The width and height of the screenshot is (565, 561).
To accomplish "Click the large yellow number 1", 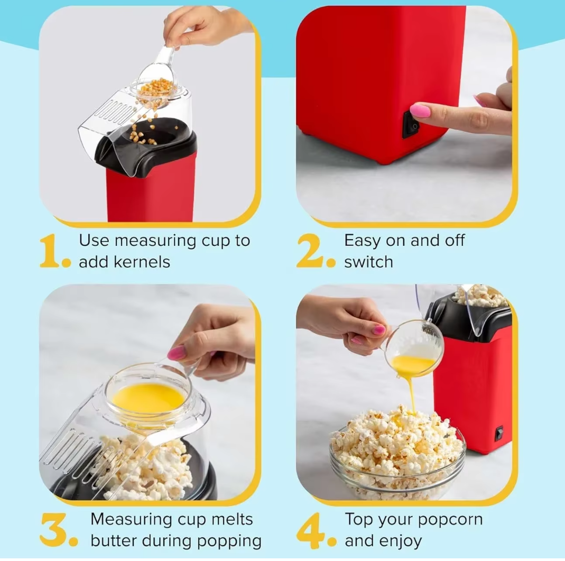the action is (x=50, y=251).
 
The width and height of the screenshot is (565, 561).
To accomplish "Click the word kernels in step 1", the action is (x=142, y=262).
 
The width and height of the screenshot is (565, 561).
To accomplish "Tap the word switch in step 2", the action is (x=368, y=262).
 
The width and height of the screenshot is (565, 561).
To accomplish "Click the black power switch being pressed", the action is (x=411, y=124).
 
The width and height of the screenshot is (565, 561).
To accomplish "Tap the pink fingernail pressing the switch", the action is (x=420, y=110).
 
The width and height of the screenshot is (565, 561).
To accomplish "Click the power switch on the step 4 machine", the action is (x=499, y=433).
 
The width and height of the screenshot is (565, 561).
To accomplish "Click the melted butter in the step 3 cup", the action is (x=149, y=399).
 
